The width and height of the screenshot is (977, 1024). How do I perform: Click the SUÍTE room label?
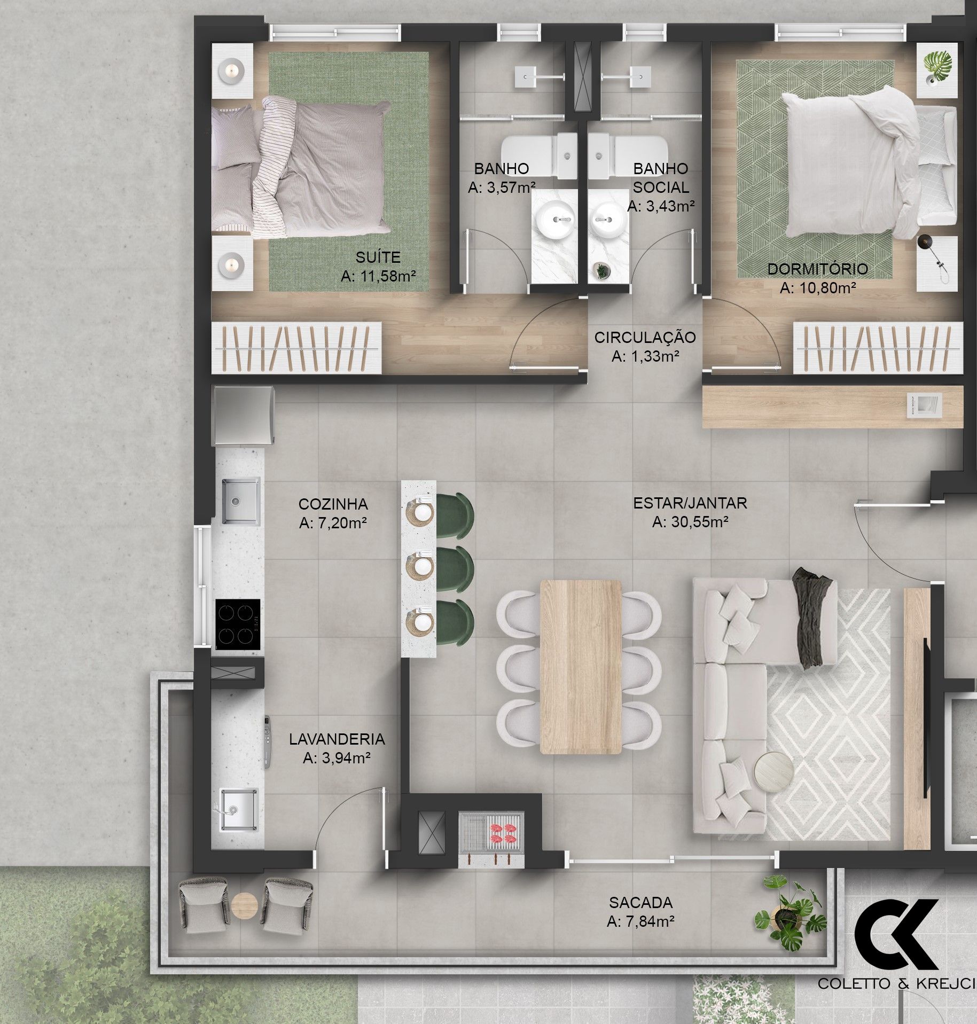pos(378,257)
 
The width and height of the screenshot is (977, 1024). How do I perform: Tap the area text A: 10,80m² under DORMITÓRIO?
pos(818,288)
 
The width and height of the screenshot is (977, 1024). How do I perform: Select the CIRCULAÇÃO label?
pos(645,337)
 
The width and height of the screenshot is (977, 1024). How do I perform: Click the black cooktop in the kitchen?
pos(238,624)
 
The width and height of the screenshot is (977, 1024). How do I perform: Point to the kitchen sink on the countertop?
pos(241,501)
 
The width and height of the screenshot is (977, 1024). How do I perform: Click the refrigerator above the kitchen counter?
pos(244,416)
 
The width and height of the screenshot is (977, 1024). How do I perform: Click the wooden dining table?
pos(581,667)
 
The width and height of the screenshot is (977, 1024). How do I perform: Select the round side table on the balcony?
pos(245,905)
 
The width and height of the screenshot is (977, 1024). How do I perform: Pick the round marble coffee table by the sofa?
pos(773,770)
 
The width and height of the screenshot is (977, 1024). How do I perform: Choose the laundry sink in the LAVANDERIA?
pos(239,810)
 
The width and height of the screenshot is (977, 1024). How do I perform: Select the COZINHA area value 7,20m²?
pos(333,523)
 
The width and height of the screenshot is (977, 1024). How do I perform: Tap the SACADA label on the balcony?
pos(640,902)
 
